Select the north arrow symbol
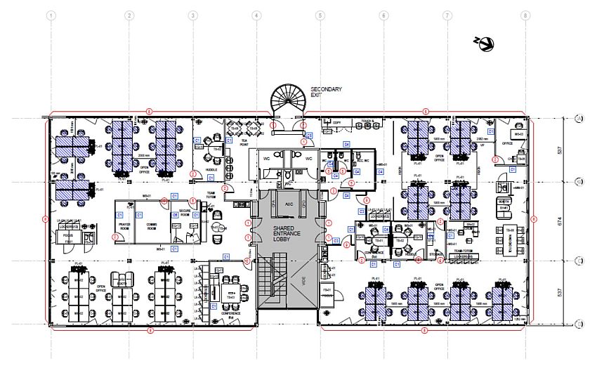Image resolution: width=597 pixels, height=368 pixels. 485,44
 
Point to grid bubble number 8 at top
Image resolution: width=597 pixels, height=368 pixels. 525,15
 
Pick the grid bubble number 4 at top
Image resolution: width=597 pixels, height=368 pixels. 256,15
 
